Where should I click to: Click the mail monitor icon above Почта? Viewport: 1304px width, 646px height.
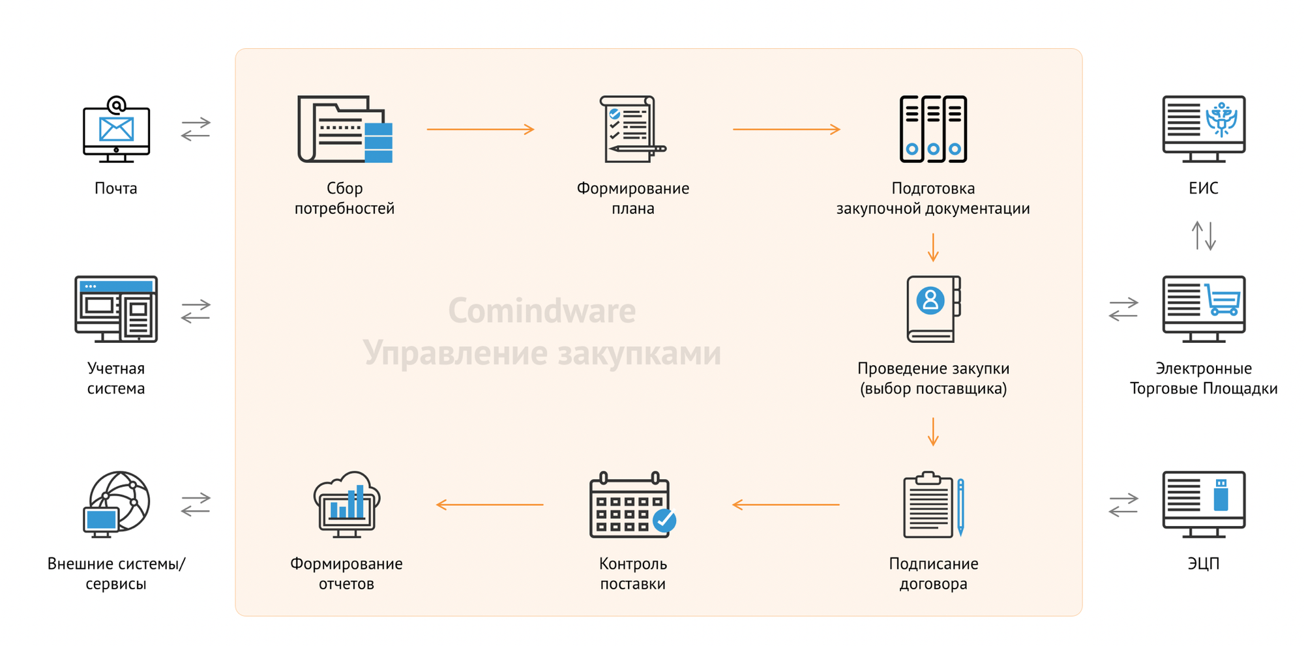pos(116,130)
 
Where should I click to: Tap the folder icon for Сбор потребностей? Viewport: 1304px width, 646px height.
pos(344,129)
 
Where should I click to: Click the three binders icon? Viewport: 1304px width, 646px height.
pos(933,129)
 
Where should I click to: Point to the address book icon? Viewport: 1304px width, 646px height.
pos(933,309)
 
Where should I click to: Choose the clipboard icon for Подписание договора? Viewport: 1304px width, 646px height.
pos(933,505)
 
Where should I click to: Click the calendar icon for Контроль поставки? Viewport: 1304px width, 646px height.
pos(632,505)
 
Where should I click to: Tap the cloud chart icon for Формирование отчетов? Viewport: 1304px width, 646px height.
pos(346,505)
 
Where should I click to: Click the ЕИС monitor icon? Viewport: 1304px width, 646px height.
pos(1204,129)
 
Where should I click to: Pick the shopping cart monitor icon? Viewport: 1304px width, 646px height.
pos(1204,309)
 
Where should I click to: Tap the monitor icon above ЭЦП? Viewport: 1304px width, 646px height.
pos(1204,505)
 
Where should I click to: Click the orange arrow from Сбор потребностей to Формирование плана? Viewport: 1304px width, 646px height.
pos(481,130)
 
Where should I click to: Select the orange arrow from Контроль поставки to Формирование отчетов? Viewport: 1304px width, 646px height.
pos(490,505)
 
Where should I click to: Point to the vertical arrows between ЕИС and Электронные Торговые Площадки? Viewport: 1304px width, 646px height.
pos(1204,235)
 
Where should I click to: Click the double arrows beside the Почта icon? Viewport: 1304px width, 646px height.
pos(196,129)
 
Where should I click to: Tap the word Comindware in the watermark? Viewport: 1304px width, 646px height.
pos(542,311)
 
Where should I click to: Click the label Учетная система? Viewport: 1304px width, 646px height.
pos(116,378)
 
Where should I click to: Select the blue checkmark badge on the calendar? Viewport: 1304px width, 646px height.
pos(664,520)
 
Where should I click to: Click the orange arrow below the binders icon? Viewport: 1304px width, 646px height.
pos(933,248)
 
